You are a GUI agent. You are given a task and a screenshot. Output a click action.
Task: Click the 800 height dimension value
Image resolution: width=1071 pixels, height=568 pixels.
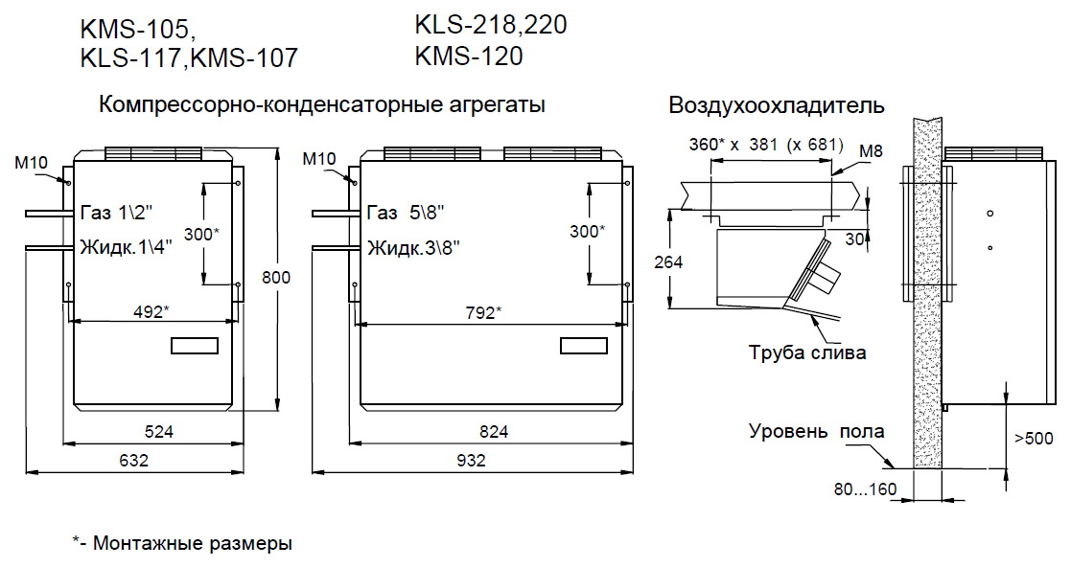[276, 278]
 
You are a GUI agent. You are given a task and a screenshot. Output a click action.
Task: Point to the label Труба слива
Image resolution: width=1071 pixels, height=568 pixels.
[807, 352]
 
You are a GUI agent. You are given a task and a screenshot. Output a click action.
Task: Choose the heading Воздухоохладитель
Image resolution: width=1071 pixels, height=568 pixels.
[777, 105]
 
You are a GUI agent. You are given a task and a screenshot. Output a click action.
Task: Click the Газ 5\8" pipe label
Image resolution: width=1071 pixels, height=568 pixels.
[406, 213]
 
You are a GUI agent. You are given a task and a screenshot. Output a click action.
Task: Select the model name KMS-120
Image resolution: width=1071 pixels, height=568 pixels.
[469, 57]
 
